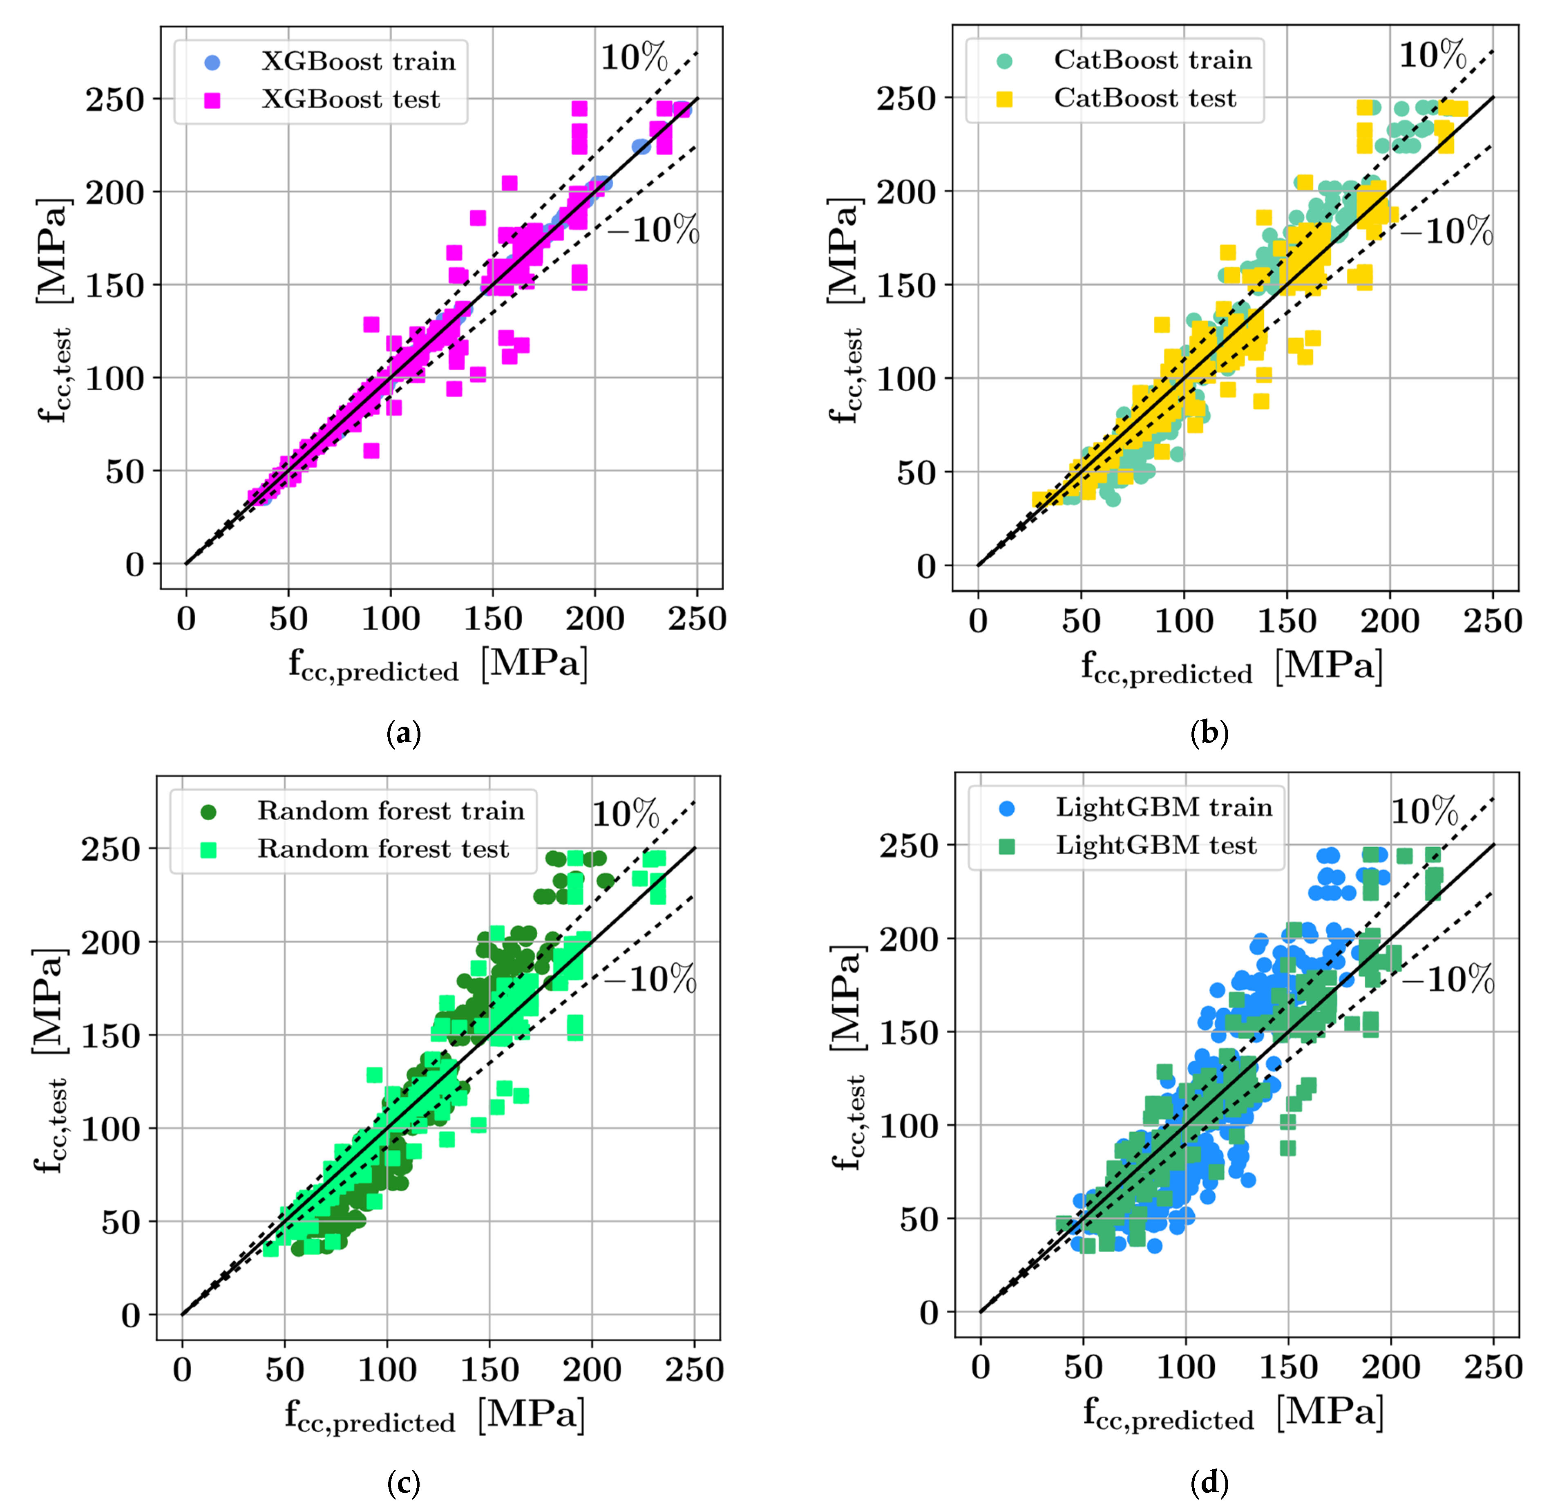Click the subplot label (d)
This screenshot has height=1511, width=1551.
(x=1209, y=1482)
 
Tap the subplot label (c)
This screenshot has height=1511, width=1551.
(x=403, y=1482)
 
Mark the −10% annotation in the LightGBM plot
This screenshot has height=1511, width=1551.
(x=1448, y=980)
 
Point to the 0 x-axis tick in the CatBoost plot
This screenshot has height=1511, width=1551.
(x=978, y=620)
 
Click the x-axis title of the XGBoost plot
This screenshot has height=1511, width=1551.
(x=438, y=665)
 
